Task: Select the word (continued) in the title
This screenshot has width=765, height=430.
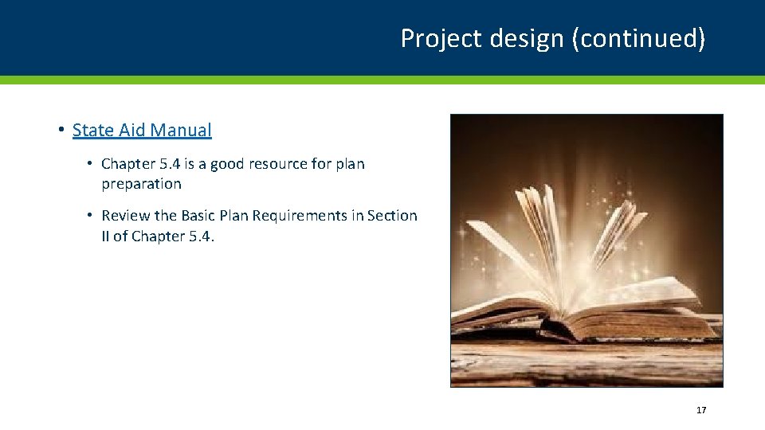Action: pos(638,38)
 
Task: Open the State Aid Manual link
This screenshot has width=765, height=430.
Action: pos(142,130)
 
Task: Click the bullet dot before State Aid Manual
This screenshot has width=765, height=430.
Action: pos(61,130)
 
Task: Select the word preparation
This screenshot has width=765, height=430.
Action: pos(141,184)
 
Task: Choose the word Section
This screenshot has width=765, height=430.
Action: pos(392,216)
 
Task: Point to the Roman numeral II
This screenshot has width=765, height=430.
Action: pos(106,236)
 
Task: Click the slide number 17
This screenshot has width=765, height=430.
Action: pos(701,410)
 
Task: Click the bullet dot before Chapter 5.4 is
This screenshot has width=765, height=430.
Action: pos(92,164)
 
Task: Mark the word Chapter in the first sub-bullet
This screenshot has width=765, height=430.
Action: pos(128,164)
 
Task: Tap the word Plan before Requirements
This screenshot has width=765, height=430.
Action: pos(237,216)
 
